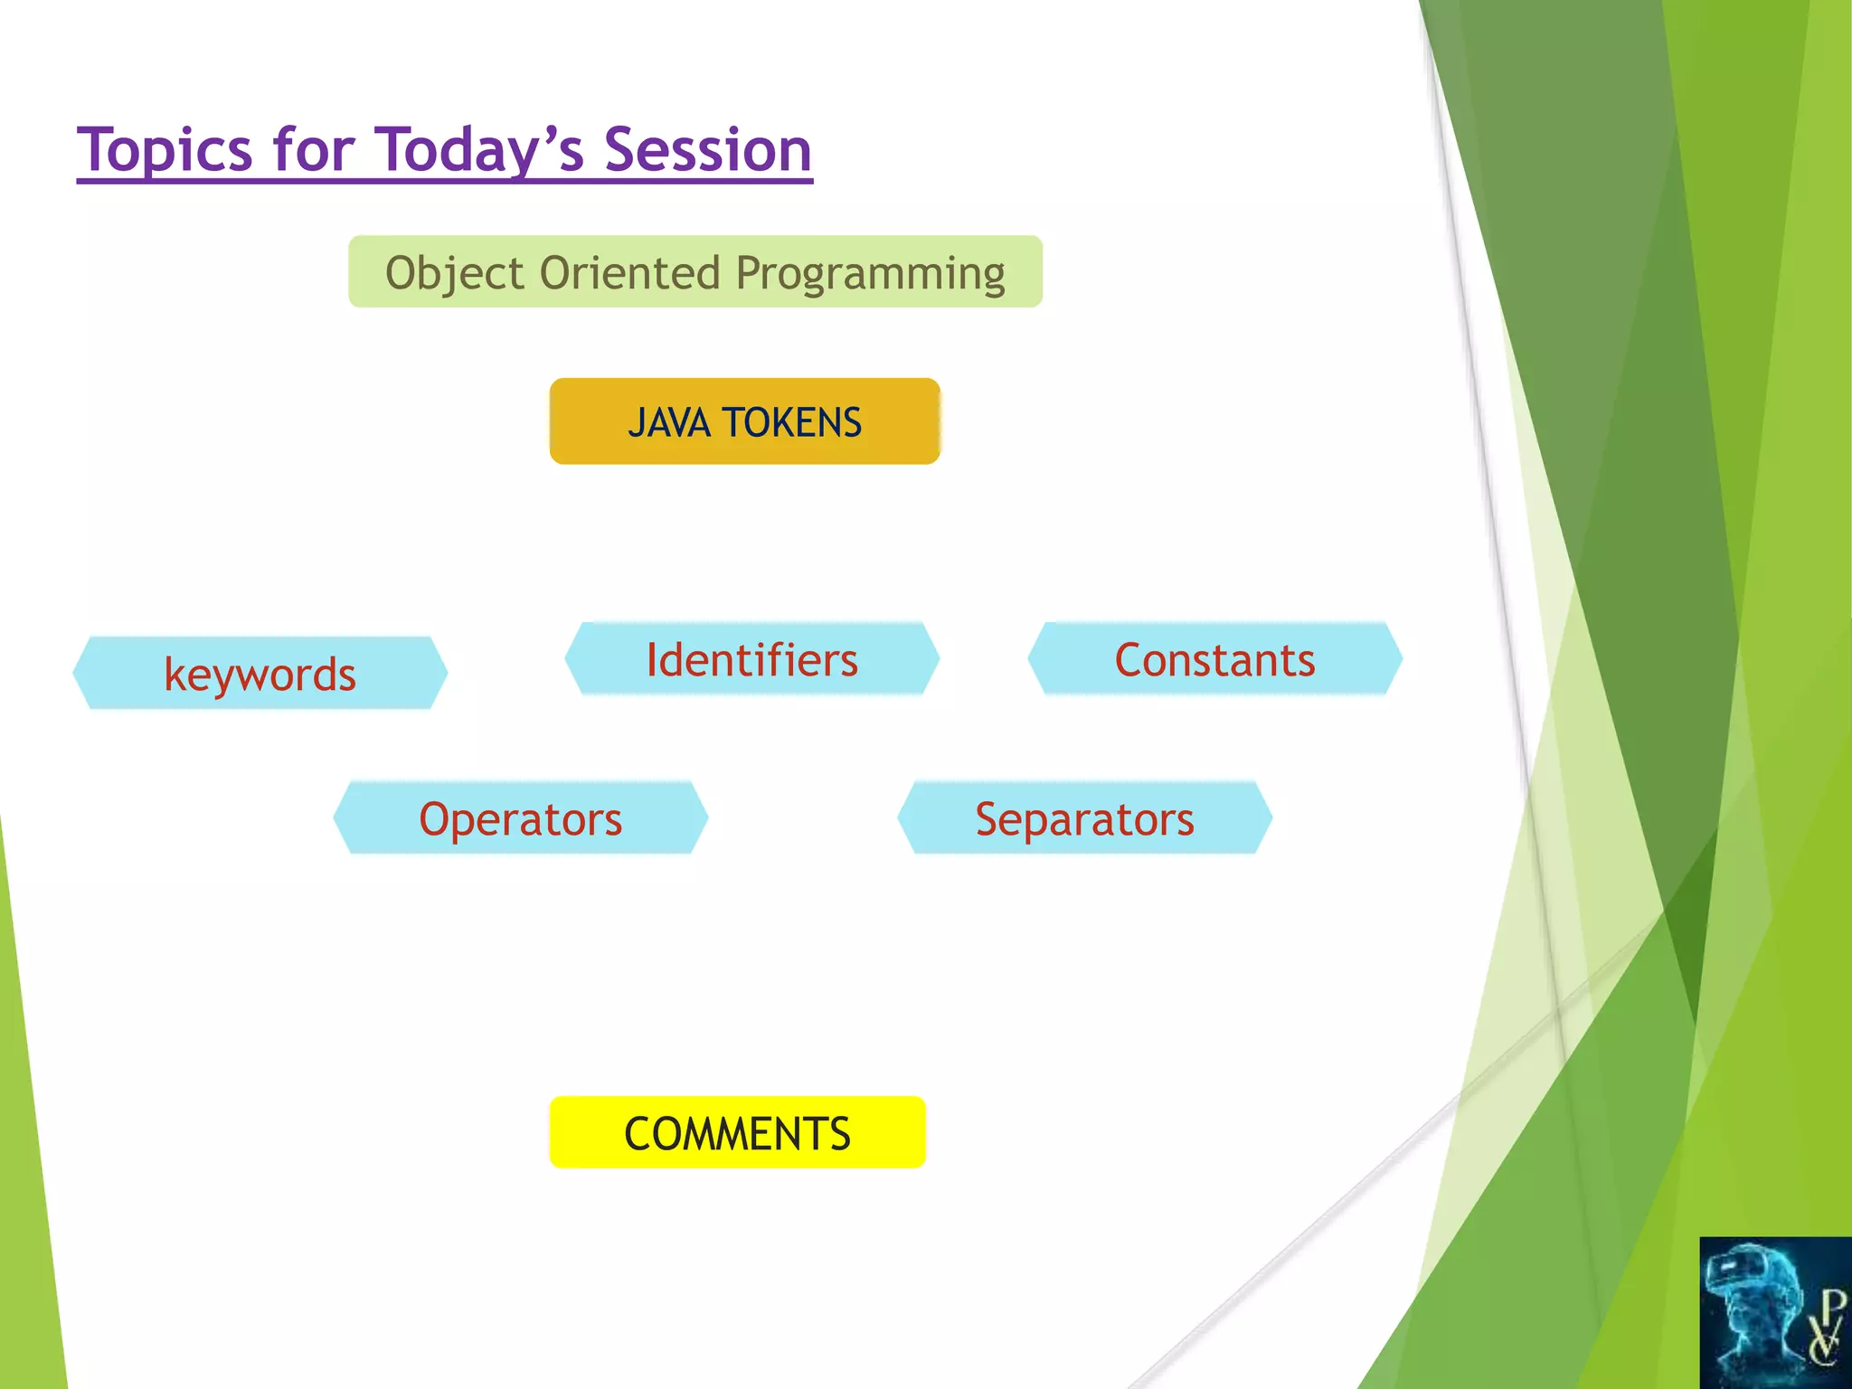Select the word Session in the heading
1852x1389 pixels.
tap(707, 150)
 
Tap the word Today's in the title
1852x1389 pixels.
tap(480, 150)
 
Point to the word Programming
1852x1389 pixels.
tap(870, 273)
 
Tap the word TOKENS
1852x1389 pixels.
tap(792, 423)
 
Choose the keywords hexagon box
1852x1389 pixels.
tap(260, 674)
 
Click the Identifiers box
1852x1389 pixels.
tap(751, 659)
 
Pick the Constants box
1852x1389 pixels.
tap(1214, 659)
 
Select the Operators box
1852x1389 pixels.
tap(520, 818)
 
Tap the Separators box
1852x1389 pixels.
tap(1084, 818)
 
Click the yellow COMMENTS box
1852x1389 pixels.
tap(737, 1133)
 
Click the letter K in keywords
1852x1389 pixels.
tap(175, 675)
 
